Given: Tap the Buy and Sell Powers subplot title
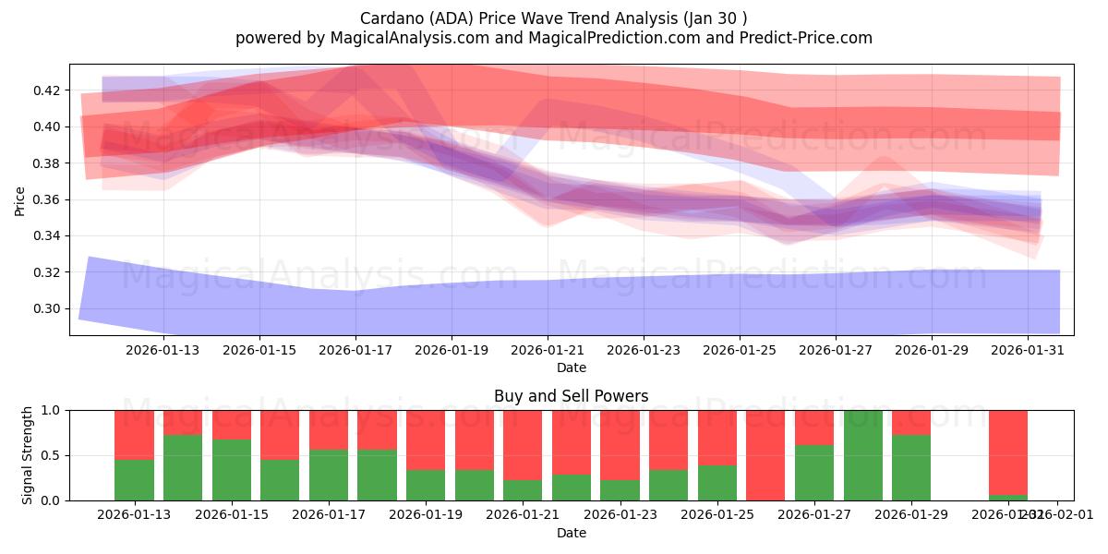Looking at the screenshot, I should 571,396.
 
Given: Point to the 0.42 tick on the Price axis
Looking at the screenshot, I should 47,90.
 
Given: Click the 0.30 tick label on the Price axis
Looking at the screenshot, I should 47,308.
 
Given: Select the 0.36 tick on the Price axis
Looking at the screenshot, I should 47,199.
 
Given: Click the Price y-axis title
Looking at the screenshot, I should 20,199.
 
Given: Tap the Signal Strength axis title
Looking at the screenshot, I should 28,455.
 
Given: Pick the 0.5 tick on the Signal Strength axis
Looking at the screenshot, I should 52,455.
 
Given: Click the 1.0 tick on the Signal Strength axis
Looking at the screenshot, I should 52,410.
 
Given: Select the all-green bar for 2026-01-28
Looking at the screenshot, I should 863,455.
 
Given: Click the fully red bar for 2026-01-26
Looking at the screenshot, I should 765,455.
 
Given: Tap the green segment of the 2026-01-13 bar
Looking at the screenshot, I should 134,480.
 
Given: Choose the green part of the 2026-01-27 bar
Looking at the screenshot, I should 814,473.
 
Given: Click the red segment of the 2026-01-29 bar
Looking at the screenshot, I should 911,422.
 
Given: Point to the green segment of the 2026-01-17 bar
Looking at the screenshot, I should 329,476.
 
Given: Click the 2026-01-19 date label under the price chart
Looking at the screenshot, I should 452,350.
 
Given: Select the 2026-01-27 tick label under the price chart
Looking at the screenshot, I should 836,350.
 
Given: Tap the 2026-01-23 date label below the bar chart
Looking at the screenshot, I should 620,514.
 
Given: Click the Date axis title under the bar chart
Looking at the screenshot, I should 571,533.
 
